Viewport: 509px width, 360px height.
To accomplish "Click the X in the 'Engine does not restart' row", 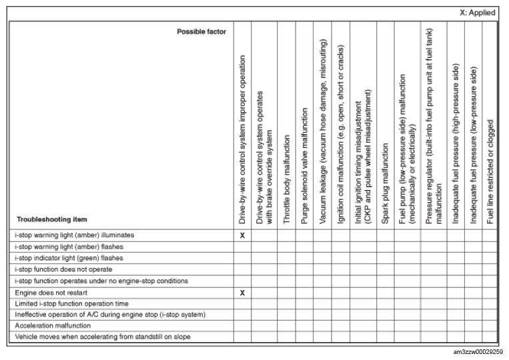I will (x=243, y=292).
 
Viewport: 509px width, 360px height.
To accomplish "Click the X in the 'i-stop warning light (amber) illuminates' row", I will (x=243, y=235).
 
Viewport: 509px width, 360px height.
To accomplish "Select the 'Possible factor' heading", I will (x=201, y=31).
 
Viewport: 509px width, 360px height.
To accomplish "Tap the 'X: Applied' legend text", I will (x=478, y=13).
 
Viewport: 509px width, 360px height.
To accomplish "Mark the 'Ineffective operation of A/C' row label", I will (x=109, y=315).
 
